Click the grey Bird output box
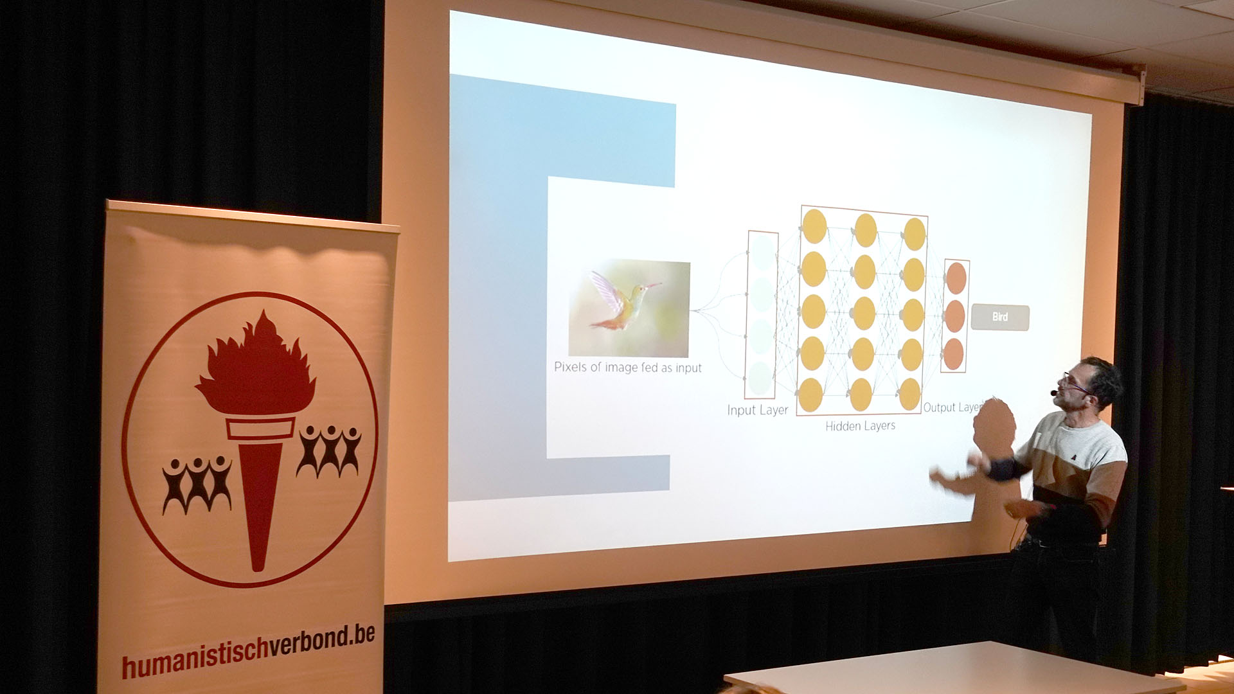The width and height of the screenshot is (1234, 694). [999, 317]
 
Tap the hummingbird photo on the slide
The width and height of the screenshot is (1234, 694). [629, 308]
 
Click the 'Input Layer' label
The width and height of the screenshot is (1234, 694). [757, 410]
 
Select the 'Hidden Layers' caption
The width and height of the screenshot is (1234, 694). [860, 425]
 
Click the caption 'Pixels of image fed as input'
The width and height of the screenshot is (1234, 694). [628, 368]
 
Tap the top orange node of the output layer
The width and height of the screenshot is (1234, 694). [956, 278]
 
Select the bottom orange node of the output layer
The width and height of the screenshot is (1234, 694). [954, 354]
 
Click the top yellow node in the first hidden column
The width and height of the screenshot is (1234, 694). [814, 226]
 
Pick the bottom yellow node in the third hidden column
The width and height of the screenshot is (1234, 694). [909, 394]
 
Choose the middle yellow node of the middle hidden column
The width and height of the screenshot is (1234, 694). [863, 313]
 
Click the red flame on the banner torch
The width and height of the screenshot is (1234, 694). [256, 364]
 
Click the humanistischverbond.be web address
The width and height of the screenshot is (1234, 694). [248, 648]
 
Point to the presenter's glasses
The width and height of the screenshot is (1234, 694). [1075, 384]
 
